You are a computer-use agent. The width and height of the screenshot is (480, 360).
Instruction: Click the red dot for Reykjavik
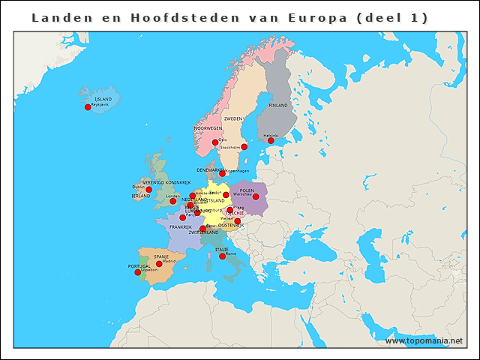(88, 107)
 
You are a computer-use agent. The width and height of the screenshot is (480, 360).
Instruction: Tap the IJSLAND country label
(103, 99)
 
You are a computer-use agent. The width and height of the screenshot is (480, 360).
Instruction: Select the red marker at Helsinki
(271, 140)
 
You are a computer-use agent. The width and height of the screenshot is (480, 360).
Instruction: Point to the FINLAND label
(278, 106)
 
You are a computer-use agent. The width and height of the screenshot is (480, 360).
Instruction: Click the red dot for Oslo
(215, 142)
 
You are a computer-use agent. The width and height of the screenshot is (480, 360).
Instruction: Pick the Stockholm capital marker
(244, 147)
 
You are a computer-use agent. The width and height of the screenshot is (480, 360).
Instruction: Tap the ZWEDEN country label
(233, 118)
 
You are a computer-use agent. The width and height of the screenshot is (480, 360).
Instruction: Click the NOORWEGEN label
(208, 128)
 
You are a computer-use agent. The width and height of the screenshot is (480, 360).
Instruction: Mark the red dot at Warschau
(256, 196)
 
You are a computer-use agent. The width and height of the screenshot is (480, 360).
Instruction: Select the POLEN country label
(247, 190)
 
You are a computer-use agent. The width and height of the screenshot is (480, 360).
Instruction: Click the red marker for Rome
(222, 256)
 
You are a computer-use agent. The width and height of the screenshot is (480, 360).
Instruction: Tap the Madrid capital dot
(159, 263)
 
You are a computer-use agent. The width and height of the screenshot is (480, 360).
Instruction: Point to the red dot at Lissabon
(137, 272)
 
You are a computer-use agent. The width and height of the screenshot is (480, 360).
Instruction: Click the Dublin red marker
(148, 190)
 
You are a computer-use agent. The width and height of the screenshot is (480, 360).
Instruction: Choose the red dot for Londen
(173, 200)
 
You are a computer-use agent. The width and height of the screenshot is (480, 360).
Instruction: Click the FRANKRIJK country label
(181, 226)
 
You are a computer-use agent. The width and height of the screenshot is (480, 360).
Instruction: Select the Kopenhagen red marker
(222, 174)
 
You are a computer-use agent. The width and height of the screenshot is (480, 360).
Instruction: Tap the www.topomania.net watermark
(424, 341)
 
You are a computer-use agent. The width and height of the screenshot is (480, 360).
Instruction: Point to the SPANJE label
(161, 256)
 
